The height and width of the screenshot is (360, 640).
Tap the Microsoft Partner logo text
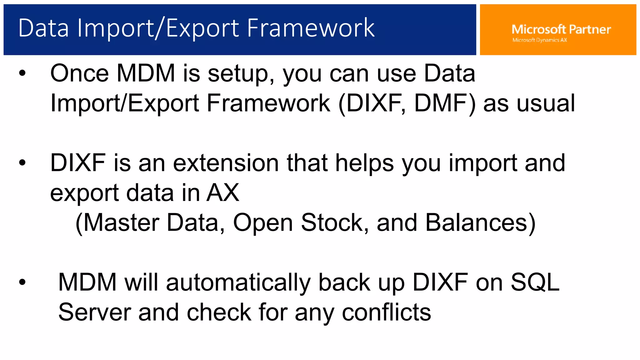coord(561,29)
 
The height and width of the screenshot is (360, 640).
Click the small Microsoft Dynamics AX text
coord(539,40)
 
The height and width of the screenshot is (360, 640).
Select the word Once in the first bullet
coord(79,73)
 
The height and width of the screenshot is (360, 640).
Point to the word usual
coord(545,103)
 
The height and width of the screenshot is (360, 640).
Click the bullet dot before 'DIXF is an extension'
coord(22,163)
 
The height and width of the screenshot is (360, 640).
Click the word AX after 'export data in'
coord(222,193)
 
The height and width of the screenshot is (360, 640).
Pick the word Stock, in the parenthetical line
coord(335,223)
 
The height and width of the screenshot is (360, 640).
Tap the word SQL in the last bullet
coord(535,282)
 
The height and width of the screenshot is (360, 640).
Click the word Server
coord(94,312)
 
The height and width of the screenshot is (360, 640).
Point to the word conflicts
coord(386,312)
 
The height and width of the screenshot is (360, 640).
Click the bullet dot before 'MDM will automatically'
coord(22,282)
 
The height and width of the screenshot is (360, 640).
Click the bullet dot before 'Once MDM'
coord(22,73)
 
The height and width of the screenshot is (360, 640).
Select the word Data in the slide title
coord(43,28)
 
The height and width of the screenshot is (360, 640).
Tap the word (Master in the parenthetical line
coord(117,223)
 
